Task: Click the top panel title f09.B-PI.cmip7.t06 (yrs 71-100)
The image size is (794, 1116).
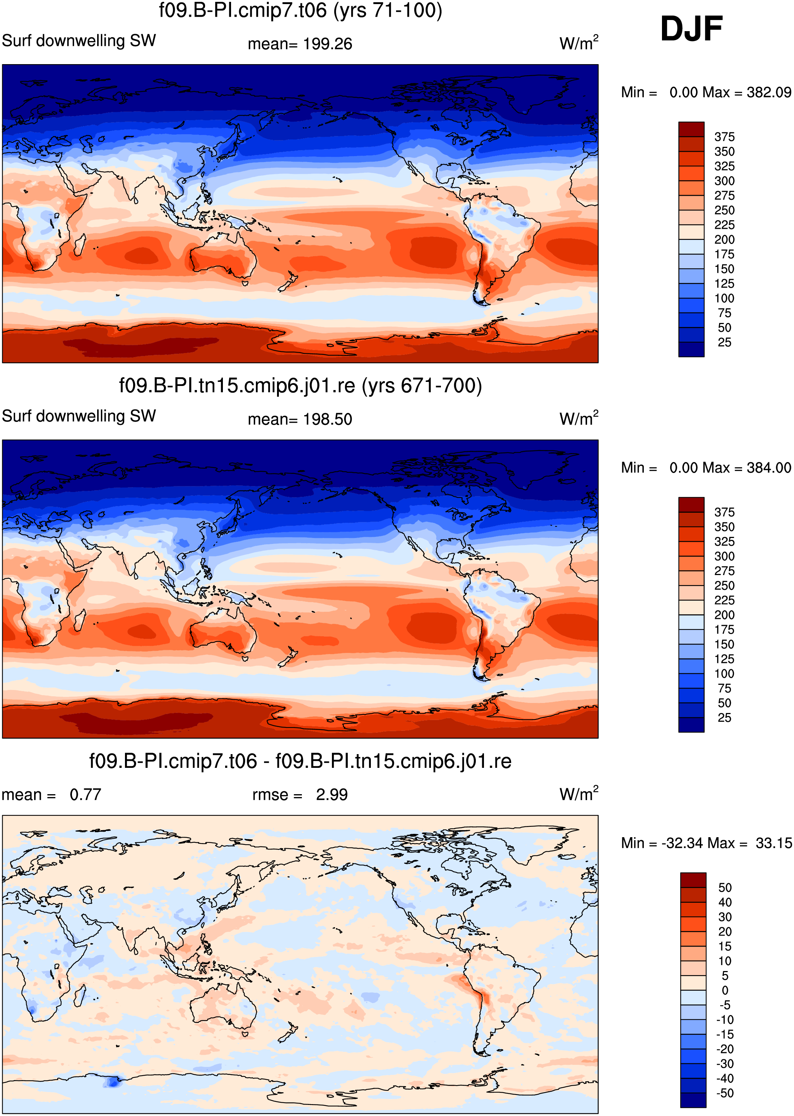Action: (x=300, y=10)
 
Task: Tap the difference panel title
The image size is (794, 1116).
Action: (x=300, y=761)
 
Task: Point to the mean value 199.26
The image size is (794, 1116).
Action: (x=327, y=44)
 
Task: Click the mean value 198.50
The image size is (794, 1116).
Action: (x=327, y=419)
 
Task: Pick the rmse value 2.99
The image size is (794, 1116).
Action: (x=332, y=795)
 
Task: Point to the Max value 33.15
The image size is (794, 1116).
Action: (x=774, y=843)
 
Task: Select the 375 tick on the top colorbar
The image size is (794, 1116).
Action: (x=724, y=137)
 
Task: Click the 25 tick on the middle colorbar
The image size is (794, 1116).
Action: (x=724, y=717)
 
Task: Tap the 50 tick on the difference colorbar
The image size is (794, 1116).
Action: (x=725, y=888)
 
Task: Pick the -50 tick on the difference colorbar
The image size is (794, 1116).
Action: (x=725, y=1093)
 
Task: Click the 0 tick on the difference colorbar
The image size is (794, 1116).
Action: (x=725, y=990)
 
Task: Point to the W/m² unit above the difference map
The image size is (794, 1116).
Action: (x=579, y=794)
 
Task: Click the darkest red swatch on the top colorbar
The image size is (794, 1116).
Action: (x=691, y=129)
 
